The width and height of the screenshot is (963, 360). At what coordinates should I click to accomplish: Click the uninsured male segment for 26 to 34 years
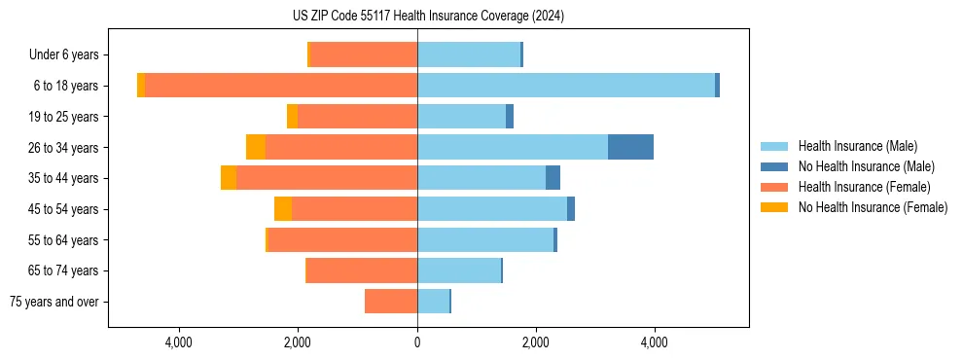(630, 147)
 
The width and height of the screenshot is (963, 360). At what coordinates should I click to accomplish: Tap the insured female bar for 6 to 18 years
(281, 86)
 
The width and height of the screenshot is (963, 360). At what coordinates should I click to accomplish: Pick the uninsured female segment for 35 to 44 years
(229, 178)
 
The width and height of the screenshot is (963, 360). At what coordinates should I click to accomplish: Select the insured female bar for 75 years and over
(391, 302)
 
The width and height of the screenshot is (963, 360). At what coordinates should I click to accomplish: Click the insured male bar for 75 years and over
(433, 302)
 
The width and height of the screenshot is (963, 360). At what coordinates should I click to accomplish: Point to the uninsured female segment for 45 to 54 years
(283, 209)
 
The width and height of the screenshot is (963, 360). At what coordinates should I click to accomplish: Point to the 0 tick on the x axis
(417, 342)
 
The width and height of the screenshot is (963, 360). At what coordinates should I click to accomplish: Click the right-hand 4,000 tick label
(654, 342)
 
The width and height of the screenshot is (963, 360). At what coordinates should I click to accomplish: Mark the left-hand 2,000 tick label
(298, 342)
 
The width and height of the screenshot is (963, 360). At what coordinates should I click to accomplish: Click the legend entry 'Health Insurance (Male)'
(857, 146)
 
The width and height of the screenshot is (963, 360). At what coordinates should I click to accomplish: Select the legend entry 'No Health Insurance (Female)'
(873, 207)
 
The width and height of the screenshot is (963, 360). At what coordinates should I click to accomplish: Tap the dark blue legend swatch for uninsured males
(774, 166)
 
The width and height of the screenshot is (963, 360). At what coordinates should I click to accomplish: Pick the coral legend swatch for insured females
(774, 187)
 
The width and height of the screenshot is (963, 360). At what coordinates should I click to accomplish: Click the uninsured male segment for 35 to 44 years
(553, 178)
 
